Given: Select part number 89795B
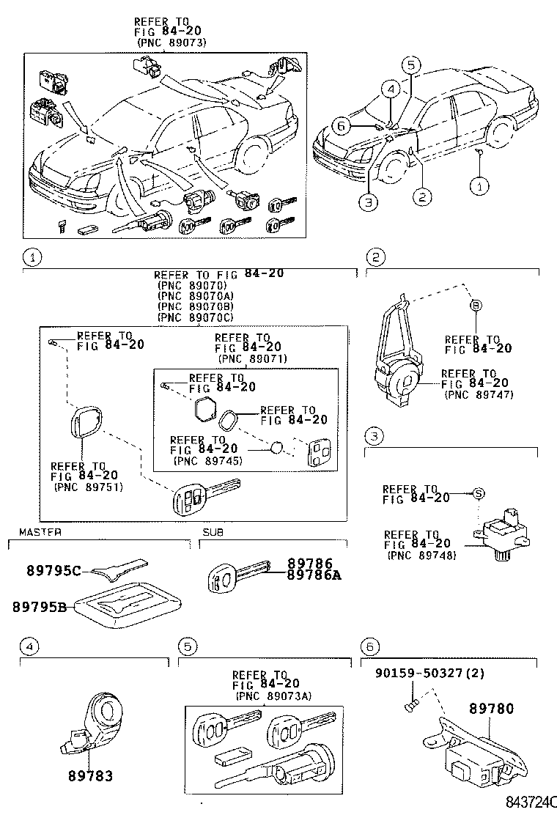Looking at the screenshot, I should point(40,606).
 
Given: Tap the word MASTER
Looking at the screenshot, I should point(40,531).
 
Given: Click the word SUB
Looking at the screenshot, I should point(211,531).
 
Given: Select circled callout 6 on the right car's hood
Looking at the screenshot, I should point(340,126).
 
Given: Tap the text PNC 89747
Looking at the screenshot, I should point(481,394).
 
